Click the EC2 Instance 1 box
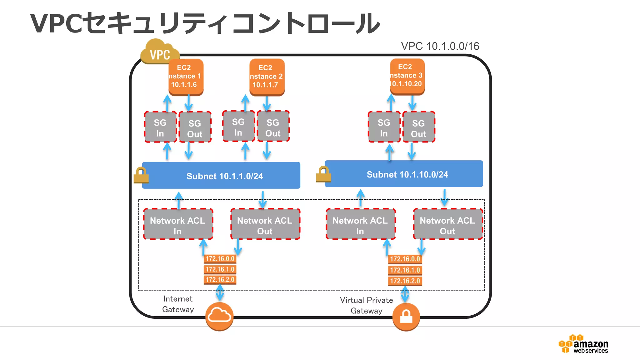tap(186, 77)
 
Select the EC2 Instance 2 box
tap(267, 77)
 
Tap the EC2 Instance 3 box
tap(407, 76)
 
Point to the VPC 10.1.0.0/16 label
tap(440, 46)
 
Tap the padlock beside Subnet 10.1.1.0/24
tap(141, 175)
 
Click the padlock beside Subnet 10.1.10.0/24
tap(323, 174)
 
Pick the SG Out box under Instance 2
tap(273, 127)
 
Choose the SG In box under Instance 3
tap(384, 127)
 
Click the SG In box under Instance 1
tap(160, 127)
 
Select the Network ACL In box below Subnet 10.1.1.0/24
tap(178, 224)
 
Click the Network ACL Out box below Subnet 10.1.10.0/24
tap(447, 224)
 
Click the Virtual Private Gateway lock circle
tap(406, 317)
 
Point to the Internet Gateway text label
tap(178, 304)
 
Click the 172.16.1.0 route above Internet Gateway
tap(220, 269)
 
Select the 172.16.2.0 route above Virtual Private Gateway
tap(405, 281)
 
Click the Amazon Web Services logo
tap(583, 344)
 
